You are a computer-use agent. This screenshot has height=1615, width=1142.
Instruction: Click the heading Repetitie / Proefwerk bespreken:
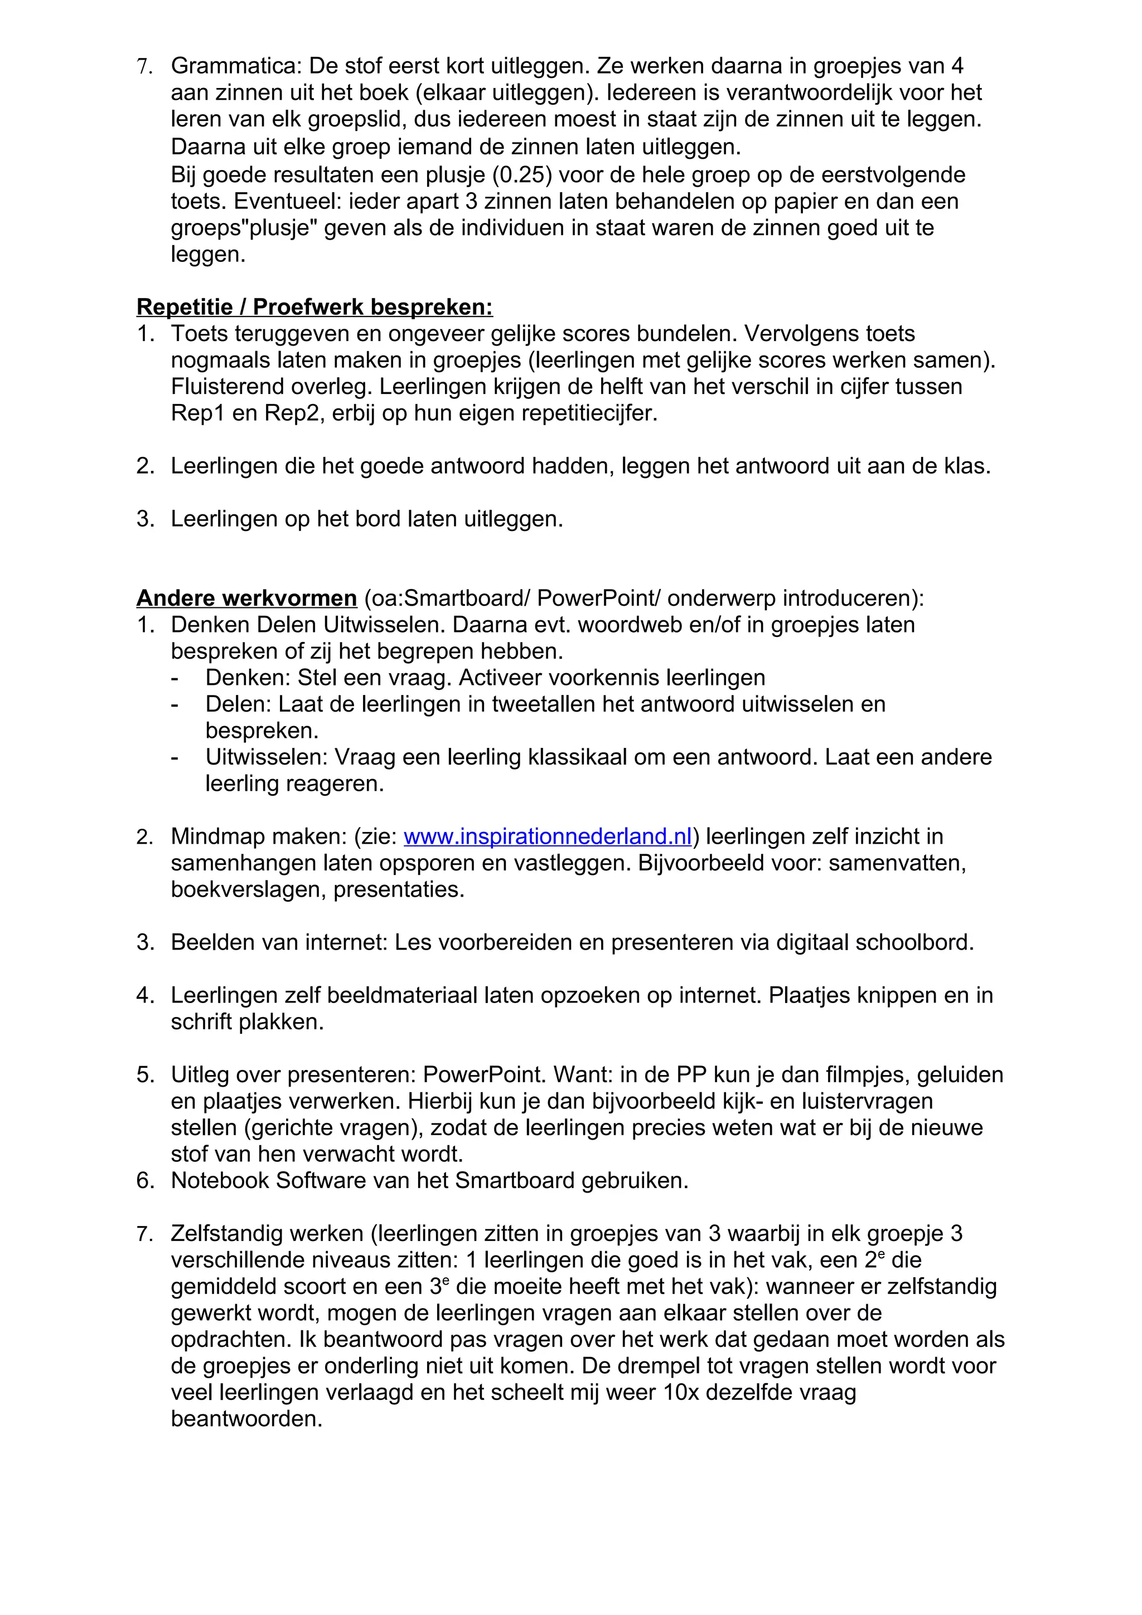click(x=314, y=308)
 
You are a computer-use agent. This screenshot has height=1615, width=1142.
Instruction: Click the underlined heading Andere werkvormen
click(x=246, y=598)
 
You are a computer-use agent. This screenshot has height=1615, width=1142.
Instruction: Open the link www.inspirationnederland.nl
click(x=548, y=836)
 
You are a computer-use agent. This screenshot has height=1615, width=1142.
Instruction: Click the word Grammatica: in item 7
click(x=236, y=66)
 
